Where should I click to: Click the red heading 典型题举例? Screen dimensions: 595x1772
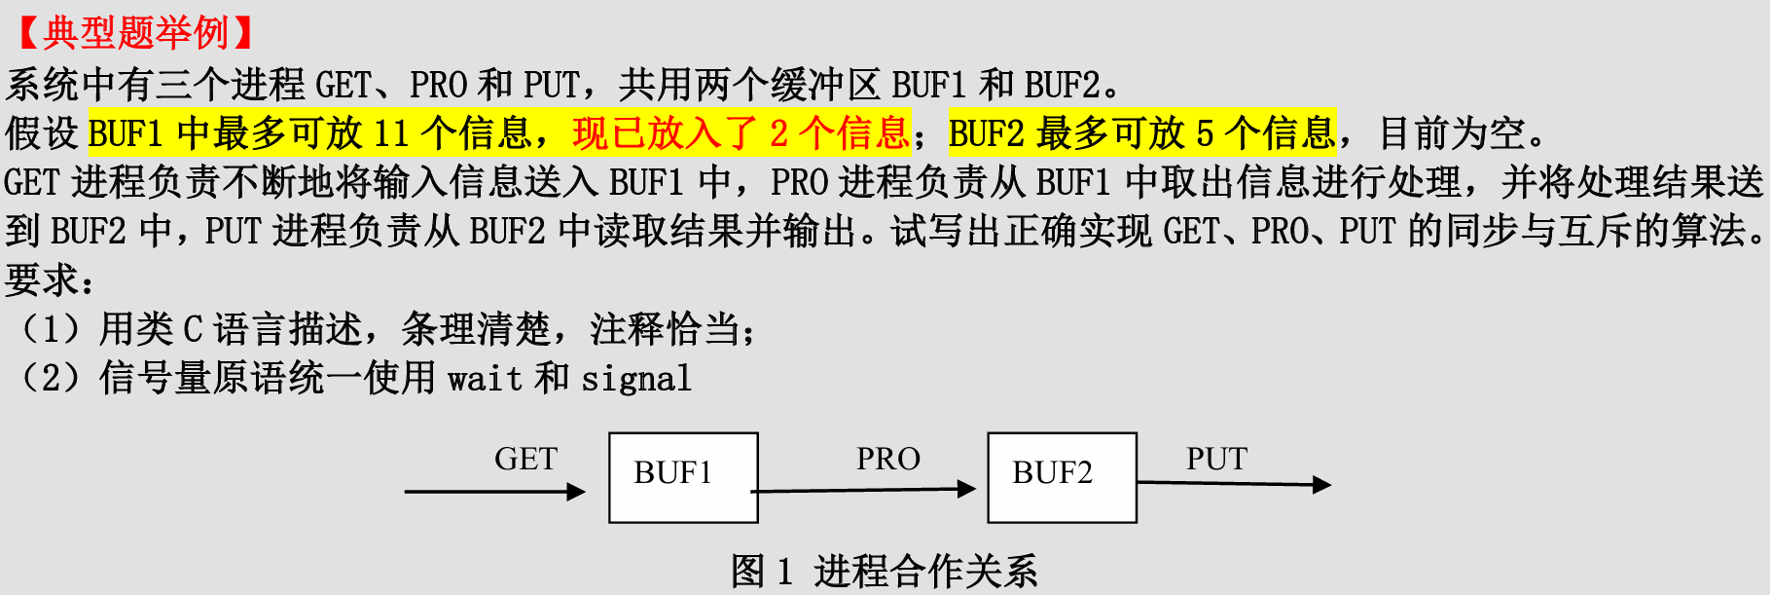[135, 33]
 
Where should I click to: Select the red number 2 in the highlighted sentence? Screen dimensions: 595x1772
[778, 133]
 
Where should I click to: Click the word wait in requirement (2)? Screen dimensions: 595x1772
[485, 378]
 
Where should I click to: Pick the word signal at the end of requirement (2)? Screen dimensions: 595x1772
[636, 378]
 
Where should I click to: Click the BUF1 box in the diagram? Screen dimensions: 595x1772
[683, 477]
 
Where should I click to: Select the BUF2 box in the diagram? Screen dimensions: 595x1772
[1062, 477]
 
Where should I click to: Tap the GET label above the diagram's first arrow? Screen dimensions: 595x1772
[525, 459]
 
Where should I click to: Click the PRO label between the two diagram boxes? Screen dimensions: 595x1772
[887, 459]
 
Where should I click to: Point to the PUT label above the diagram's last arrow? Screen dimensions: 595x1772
[1216, 459]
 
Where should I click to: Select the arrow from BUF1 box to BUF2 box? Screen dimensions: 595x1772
[864, 490]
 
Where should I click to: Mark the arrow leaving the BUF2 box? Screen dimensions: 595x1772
[1233, 483]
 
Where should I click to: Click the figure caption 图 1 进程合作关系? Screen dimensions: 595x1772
[884, 572]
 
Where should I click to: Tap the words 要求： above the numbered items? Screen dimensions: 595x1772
[50, 280]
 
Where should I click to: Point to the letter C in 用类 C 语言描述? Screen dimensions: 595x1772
[193, 329]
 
